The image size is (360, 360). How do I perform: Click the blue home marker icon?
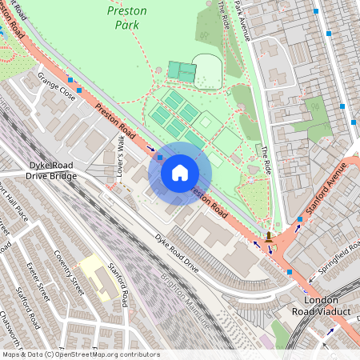point(180,173)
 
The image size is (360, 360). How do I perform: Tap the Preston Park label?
point(124,17)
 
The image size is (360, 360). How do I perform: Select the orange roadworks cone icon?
point(270,237)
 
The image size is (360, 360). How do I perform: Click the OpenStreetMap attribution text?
point(80,354)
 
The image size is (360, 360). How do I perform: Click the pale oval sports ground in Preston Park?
point(206,70)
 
